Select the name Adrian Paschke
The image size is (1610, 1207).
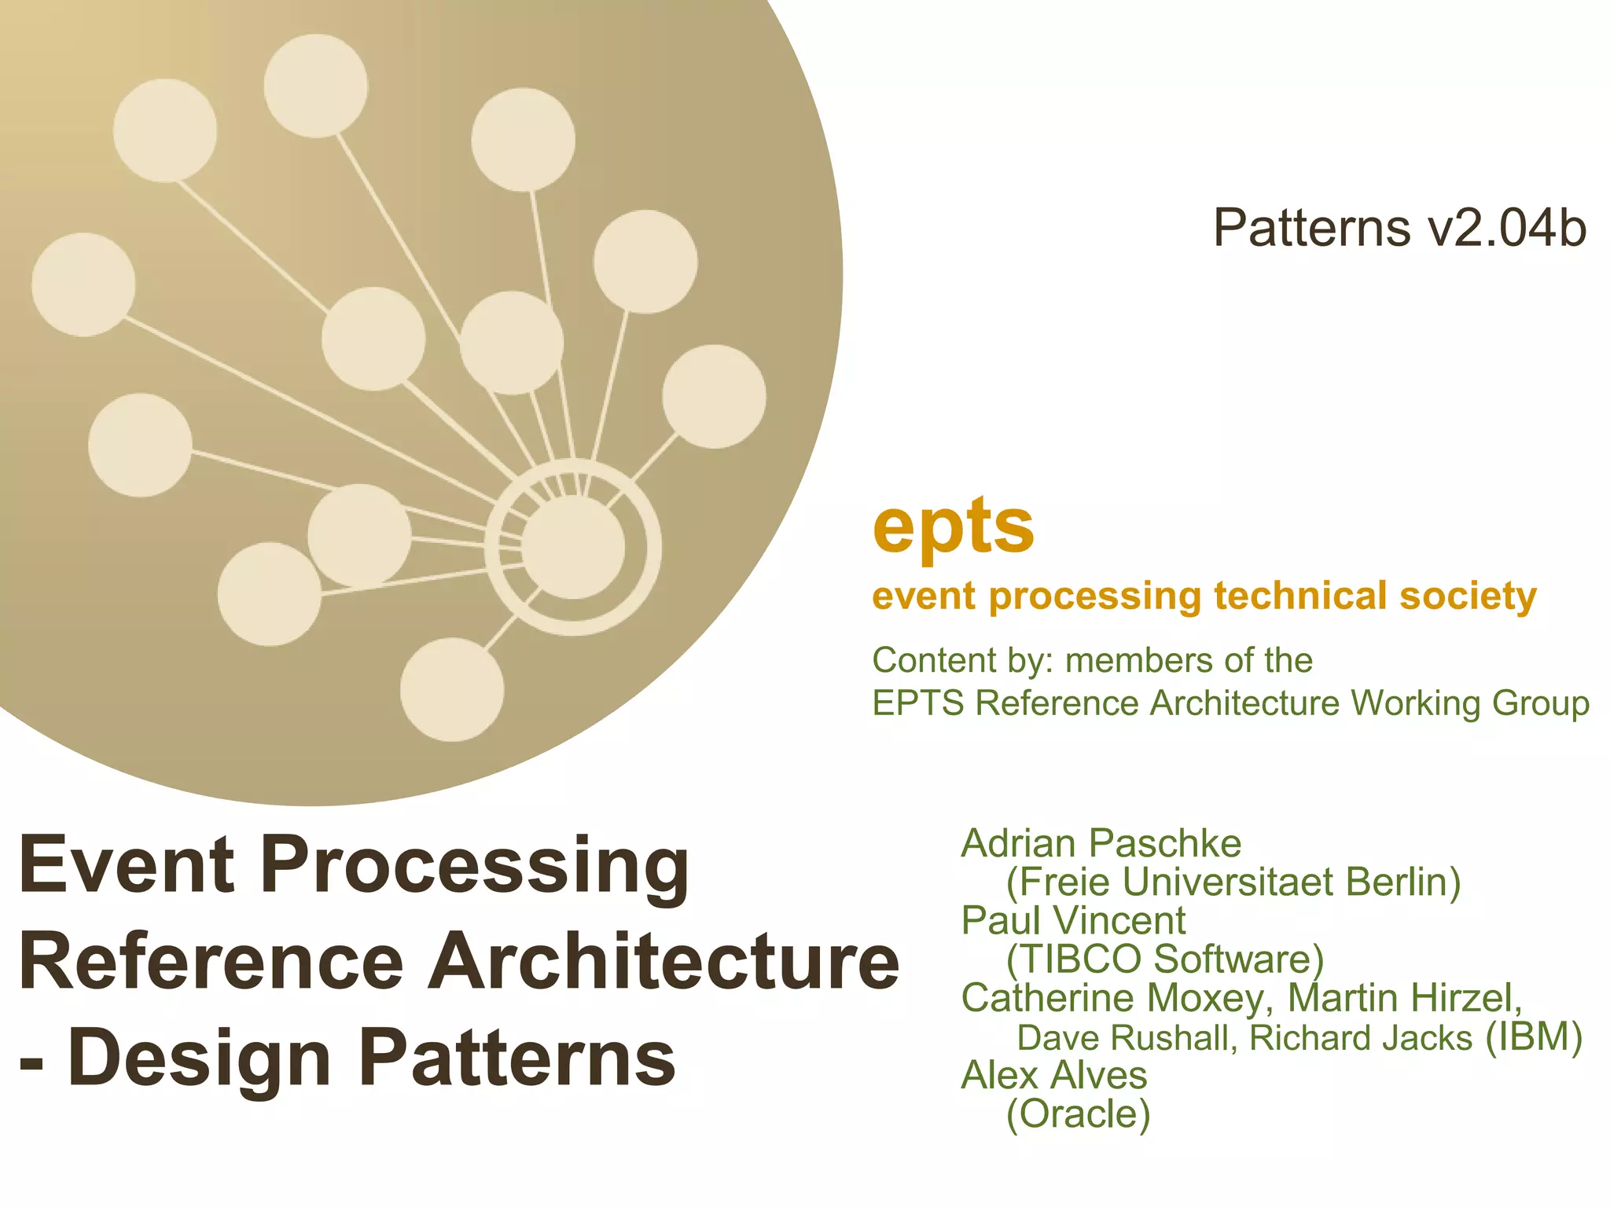click(1101, 844)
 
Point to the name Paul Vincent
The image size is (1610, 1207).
click(1073, 921)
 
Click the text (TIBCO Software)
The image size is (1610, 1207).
click(1165, 959)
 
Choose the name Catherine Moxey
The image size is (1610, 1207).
click(1112, 998)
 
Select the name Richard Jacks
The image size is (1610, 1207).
click(1360, 1038)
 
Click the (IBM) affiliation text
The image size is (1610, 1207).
click(1533, 1036)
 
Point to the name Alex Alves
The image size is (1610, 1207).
click(1053, 1076)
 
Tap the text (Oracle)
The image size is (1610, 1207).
click(1078, 1114)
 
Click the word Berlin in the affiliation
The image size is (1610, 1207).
click(1402, 882)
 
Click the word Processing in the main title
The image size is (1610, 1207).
click(480, 865)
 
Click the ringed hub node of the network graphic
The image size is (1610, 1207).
click(573, 547)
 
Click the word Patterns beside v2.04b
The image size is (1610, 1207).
click(1311, 229)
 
